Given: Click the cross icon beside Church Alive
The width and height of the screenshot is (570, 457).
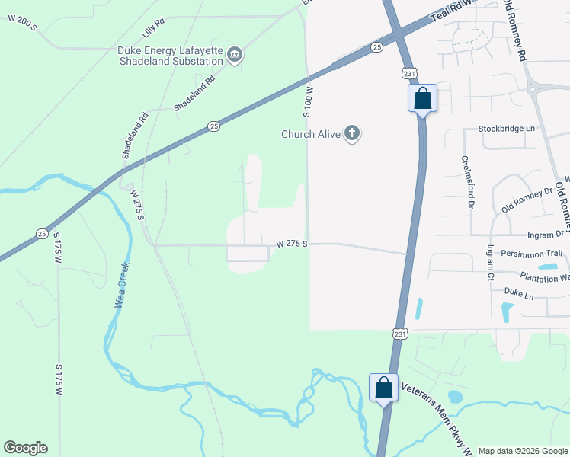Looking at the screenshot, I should click(351, 134).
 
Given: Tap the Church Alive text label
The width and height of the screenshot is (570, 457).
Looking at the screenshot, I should click(310, 135).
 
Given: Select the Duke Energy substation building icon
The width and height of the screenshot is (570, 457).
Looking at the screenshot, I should click(234, 55).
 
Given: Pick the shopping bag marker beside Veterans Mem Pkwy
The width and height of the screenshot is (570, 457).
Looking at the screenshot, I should click(383, 388).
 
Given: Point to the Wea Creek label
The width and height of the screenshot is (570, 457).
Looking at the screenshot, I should click(120, 286).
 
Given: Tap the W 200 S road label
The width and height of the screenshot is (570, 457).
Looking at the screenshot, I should click(23, 24).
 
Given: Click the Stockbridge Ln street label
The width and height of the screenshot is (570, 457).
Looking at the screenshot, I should click(507, 129).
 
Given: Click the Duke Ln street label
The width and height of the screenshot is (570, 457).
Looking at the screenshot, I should click(518, 292).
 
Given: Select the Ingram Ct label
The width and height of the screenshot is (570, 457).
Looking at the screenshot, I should click(491, 261).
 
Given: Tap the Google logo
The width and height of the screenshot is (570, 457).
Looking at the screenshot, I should click(25, 448).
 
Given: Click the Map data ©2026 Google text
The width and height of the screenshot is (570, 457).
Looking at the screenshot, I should click(523, 451).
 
